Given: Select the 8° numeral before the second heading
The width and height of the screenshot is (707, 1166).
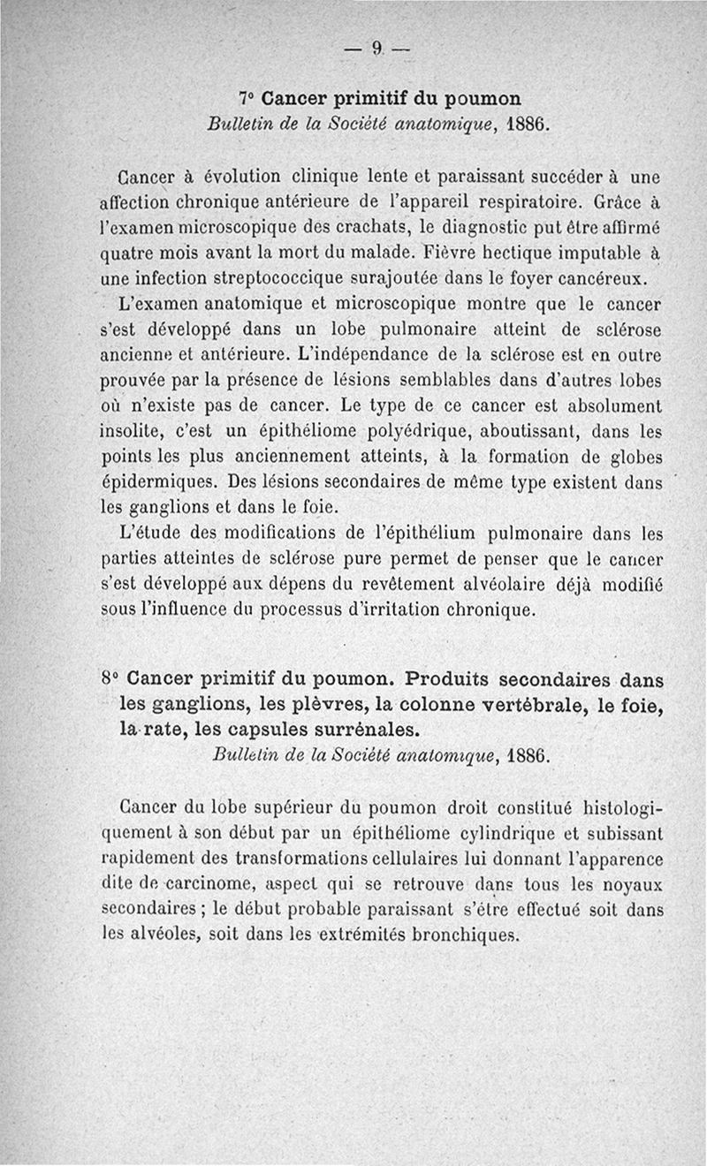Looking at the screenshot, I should [x=110, y=680].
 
